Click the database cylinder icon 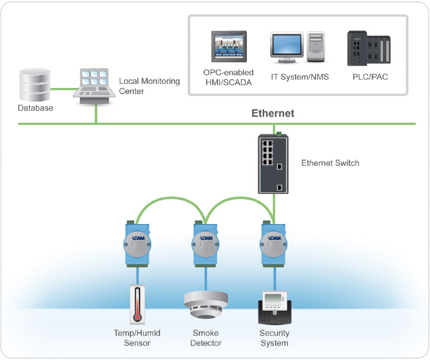click(x=35, y=84)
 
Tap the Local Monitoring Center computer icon click(x=94, y=87)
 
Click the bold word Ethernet click(x=273, y=113)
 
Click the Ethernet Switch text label click(x=330, y=162)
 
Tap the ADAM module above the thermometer click(x=137, y=242)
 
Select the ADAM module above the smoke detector click(x=206, y=242)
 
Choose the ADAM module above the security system click(x=274, y=242)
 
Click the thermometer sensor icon click(x=137, y=304)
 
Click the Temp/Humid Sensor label click(x=137, y=338)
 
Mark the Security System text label click(x=274, y=338)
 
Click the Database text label click(x=35, y=108)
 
